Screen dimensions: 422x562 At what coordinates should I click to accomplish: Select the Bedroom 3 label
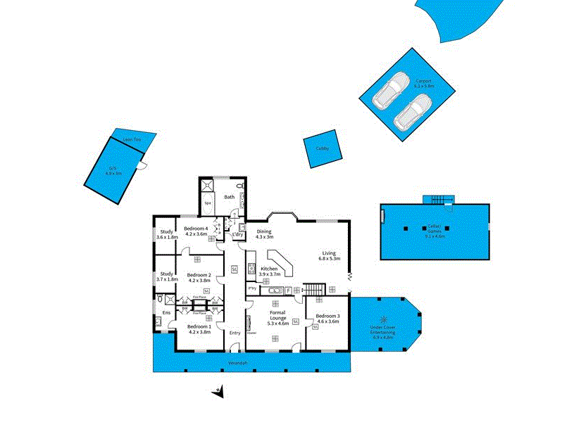(x=327, y=317)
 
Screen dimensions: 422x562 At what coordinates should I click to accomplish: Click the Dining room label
(x=264, y=234)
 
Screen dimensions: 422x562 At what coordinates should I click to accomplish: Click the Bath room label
(x=230, y=197)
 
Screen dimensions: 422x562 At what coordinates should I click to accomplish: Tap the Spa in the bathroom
(x=208, y=203)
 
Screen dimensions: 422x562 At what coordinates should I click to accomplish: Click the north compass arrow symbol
(x=219, y=391)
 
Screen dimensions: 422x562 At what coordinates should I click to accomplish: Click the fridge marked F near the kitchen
(x=288, y=290)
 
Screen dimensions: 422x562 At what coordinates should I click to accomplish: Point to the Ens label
(x=167, y=313)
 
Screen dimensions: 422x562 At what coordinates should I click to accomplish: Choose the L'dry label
(x=237, y=234)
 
